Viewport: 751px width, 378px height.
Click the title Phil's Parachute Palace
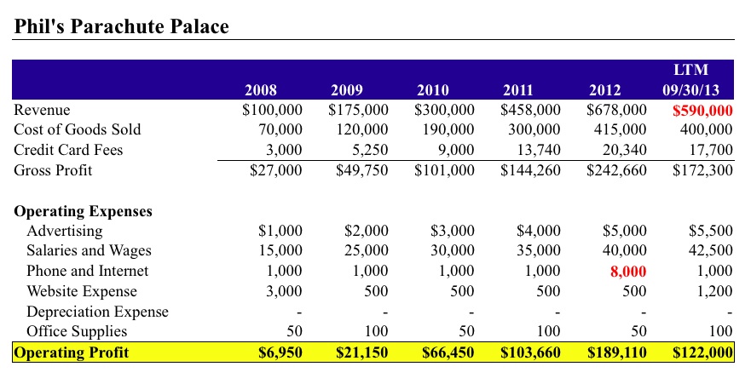(x=122, y=26)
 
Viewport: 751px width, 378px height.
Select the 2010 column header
(x=433, y=89)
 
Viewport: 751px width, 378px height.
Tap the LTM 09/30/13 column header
(x=691, y=79)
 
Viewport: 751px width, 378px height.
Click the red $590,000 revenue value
(x=702, y=111)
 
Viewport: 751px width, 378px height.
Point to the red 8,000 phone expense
(x=627, y=272)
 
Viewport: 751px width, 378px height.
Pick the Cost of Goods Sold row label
(x=78, y=130)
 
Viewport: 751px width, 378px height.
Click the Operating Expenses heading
(x=83, y=211)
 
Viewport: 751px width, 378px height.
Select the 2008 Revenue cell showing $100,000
(x=272, y=111)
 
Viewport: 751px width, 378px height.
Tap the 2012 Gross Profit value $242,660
(x=616, y=170)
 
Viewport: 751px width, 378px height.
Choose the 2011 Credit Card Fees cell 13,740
(x=537, y=151)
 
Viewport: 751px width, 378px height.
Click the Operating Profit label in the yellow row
(x=71, y=352)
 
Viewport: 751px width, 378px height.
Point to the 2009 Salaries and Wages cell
(x=367, y=251)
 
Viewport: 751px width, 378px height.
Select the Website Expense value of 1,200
(x=713, y=291)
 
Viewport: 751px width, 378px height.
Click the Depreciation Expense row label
(x=97, y=312)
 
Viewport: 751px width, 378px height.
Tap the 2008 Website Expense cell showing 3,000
(x=285, y=291)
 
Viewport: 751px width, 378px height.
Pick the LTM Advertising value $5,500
(x=710, y=231)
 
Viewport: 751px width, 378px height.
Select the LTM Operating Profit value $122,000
(x=702, y=352)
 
